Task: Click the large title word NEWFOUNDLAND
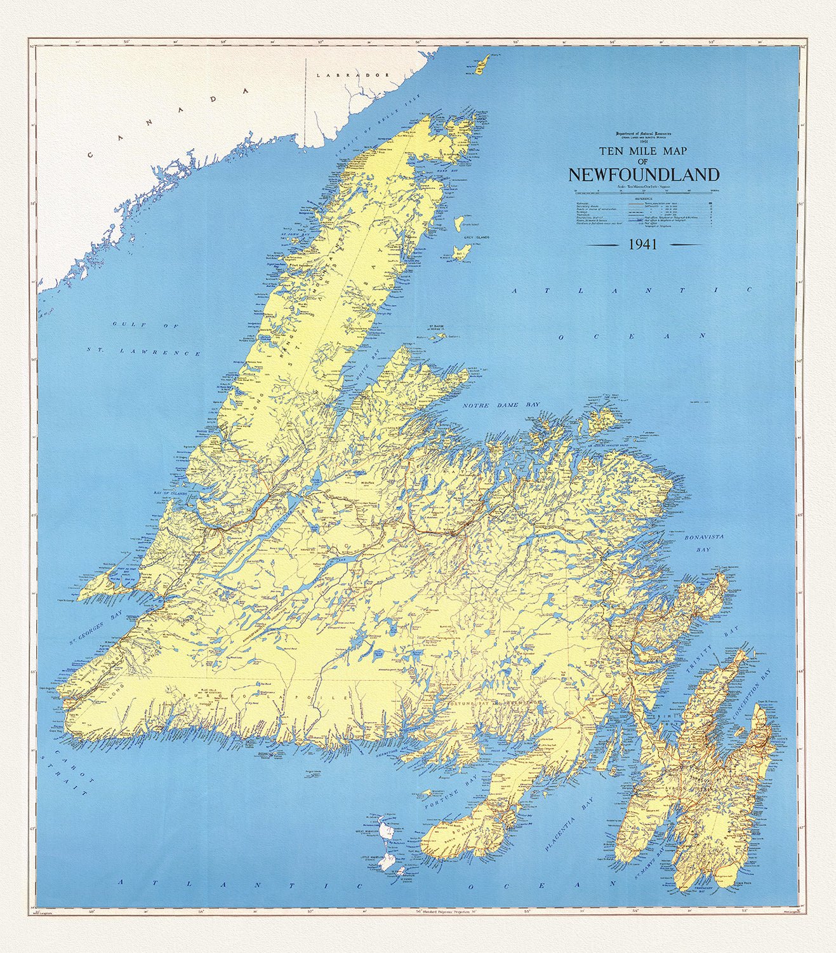(x=644, y=175)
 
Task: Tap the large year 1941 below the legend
(x=642, y=244)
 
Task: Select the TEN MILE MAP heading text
(x=644, y=151)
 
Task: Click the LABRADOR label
(x=352, y=75)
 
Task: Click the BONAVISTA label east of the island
(x=703, y=537)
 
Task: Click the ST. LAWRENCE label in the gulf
(x=143, y=352)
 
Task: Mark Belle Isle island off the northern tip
(x=483, y=64)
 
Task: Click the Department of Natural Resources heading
(x=643, y=134)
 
